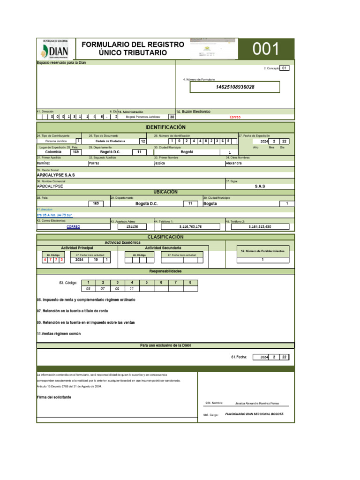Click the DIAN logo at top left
[55, 50]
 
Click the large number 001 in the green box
[266, 49]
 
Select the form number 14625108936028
[235, 87]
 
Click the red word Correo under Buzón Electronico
[235, 117]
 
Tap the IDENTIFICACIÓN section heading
[165, 127]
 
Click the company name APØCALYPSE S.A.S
[56, 175]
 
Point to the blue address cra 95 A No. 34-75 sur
[54, 215]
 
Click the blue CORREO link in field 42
[73, 226]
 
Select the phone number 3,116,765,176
[190, 226]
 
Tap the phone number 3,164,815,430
[260, 226]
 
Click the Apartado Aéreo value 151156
[132, 226]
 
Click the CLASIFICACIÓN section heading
[165, 237]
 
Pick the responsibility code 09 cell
[117, 289]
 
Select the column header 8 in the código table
[190, 282]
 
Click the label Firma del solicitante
[54, 397]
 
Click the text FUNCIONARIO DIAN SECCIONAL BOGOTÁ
[254, 414]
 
